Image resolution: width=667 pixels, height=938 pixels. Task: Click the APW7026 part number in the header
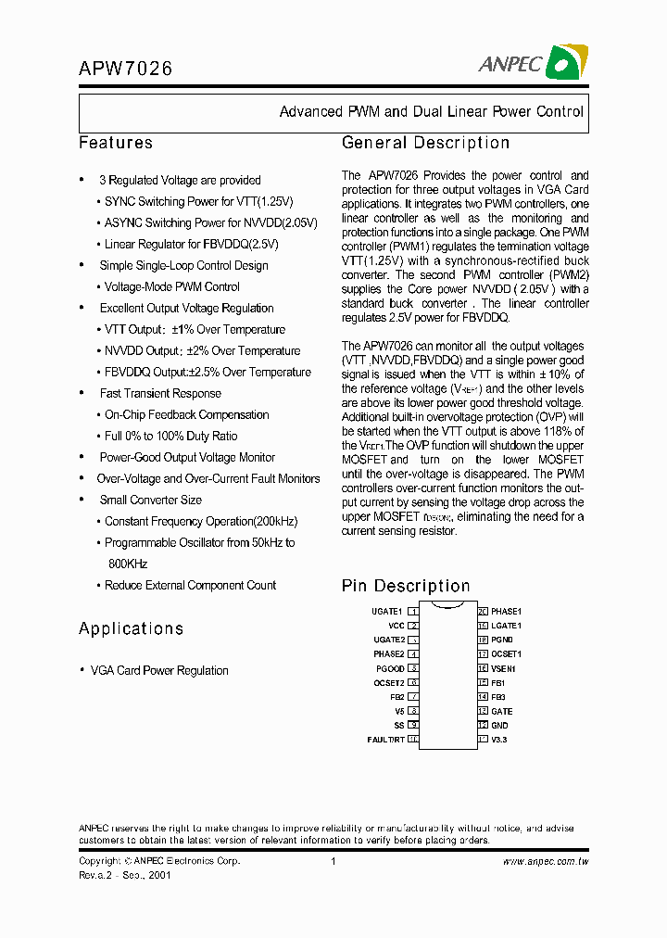[126, 69]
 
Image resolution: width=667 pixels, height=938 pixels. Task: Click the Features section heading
[116, 143]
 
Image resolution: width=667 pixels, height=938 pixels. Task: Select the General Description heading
[425, 143]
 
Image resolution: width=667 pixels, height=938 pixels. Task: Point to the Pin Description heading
[406, 586]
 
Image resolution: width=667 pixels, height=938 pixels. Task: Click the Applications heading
[131, 628]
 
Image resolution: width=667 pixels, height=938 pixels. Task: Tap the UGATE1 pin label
[387, 612]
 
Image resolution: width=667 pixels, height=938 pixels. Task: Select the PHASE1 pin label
[507, 612]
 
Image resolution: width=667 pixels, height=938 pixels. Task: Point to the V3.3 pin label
[499, 740]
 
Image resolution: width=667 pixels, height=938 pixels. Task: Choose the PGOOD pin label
[390, 668]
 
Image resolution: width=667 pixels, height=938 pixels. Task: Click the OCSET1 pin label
[507, 654]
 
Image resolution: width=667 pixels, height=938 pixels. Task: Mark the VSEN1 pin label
[503, 668]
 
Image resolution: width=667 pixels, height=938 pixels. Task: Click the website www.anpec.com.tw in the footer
[546, 861]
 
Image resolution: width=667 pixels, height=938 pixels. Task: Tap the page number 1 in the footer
[333, 861]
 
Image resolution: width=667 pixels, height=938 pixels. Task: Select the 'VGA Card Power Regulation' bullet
[158, 670]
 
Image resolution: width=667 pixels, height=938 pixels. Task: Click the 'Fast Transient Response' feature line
[160, 394]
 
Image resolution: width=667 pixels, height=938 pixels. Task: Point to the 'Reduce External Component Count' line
[190, 586]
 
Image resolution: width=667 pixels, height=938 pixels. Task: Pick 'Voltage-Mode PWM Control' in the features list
[171, 287]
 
